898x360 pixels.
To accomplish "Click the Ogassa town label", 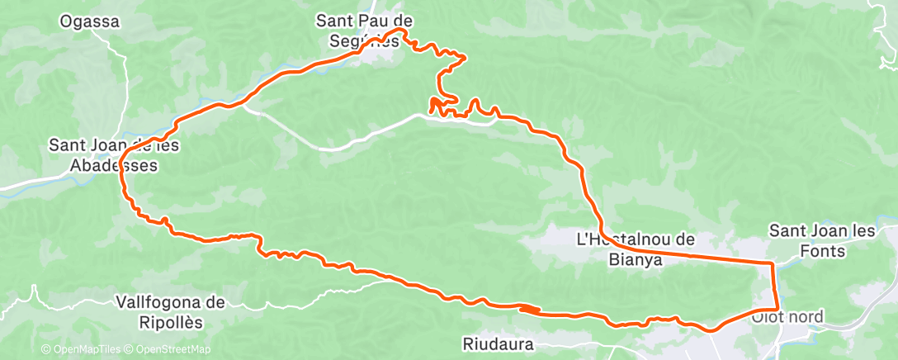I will [x=90, y=22].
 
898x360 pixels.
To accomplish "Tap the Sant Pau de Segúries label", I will [x=365, y=31].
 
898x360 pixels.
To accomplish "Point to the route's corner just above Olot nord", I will [x=777, y=309].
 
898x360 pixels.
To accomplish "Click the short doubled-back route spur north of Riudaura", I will [x=530, y=310].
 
